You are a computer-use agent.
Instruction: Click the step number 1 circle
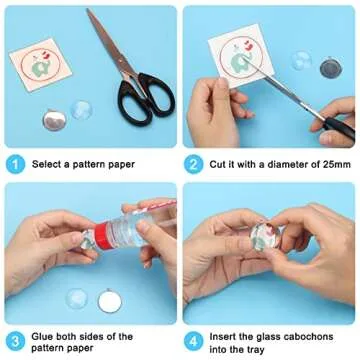[15, 164]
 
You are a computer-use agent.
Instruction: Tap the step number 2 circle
[194, 164]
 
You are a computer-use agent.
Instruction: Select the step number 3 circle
[15, 342]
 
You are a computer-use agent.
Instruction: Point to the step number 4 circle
[194, 342]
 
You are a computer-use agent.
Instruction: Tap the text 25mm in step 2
[337, 164]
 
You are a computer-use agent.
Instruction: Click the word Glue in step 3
[41, 336]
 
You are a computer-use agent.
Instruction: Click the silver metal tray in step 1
[54, 120]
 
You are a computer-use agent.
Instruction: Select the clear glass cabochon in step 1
[81, 110]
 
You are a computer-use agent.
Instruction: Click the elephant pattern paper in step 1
[40, 64]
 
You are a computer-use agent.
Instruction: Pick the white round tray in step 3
[110, 301]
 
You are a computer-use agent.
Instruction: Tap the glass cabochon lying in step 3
[77, 298]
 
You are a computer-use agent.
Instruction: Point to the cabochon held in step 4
[267, 237]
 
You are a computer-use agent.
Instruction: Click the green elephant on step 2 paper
[240, 62]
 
